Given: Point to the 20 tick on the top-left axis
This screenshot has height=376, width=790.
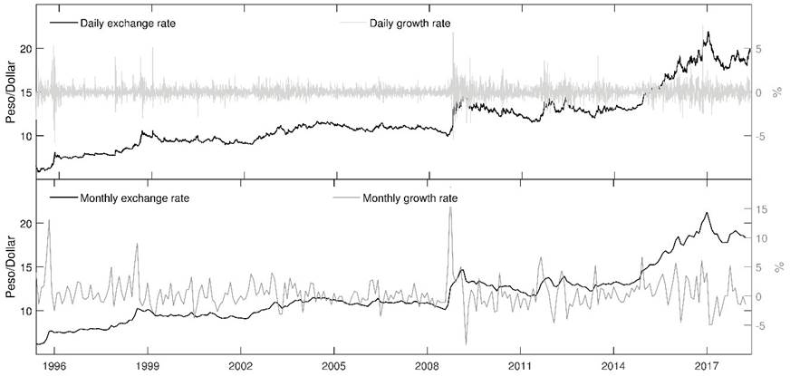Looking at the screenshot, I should click(25, 49).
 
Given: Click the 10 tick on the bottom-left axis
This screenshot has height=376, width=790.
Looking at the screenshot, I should click(25, 311).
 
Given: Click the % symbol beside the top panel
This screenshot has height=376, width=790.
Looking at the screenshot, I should click(778, 92).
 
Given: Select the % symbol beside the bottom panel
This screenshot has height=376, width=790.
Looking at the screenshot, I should click(778, 267).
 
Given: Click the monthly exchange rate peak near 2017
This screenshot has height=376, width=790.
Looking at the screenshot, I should click(706, 213).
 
